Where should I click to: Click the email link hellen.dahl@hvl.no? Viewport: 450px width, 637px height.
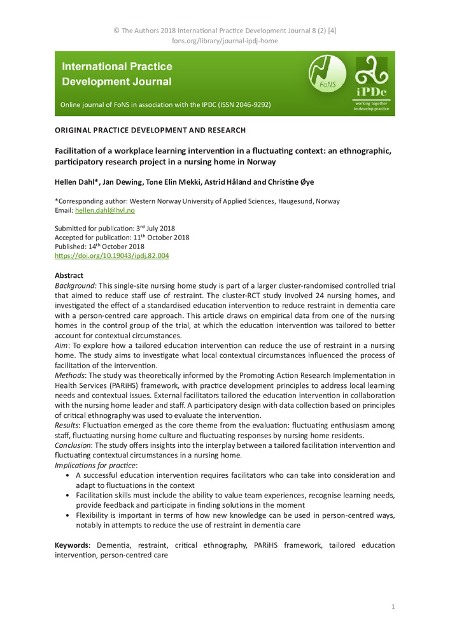(x=104, y=210)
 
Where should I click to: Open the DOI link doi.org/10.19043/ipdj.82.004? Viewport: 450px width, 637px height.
(x=111, y=255)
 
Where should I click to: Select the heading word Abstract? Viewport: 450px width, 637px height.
(x=69, y=276)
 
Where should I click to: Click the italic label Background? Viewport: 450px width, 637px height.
(x=76, y=286)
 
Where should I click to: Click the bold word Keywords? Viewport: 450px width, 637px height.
(x=71, y=545)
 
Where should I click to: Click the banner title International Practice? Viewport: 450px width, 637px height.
(x=117, y=66)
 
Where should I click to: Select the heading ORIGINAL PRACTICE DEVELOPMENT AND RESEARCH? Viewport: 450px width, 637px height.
(x=150, y=130)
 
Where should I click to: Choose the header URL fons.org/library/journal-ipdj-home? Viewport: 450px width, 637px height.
(x=225, y=41)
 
